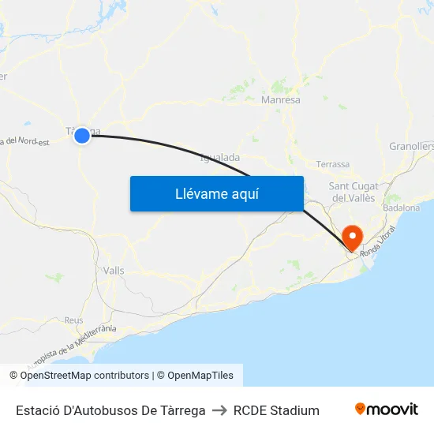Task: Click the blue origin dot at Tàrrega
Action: coord(82,136)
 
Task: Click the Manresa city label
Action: coord(280,100)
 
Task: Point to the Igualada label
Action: coord(220,158)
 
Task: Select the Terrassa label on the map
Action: coord(332,164)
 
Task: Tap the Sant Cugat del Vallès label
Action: coord(354,192)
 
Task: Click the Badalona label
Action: coord(401,208)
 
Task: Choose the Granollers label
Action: coord(412,146)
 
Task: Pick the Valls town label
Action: coord(114,270)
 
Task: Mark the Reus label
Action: coord(74,320)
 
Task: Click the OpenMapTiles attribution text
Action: coord(200,376)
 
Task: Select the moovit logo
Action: coord(387,410)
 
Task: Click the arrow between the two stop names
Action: coord(219,410)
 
